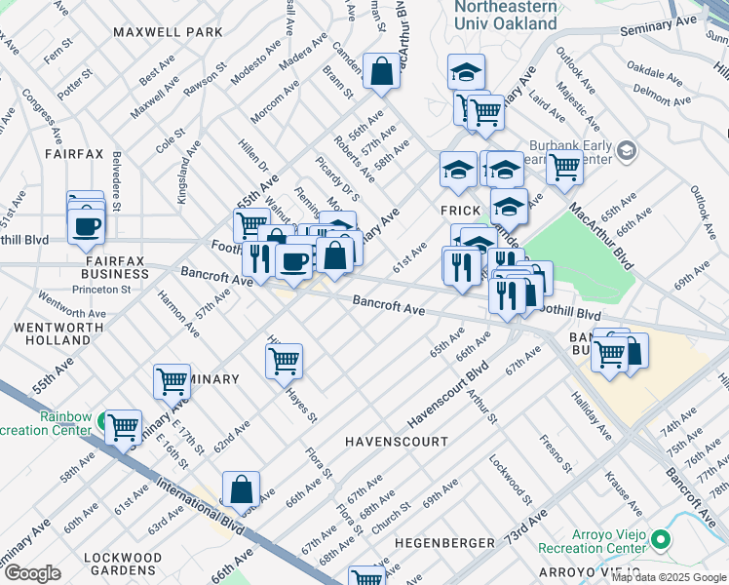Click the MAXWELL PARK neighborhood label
[168, 32]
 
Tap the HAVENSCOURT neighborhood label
[396, 442]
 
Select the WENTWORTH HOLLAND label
[46, 333]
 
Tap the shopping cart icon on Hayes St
[284, 360]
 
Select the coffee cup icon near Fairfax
[87, 225]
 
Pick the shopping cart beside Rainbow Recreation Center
[123, 426]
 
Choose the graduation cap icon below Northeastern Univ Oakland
[466, 71]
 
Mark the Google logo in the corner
[33, 573]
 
